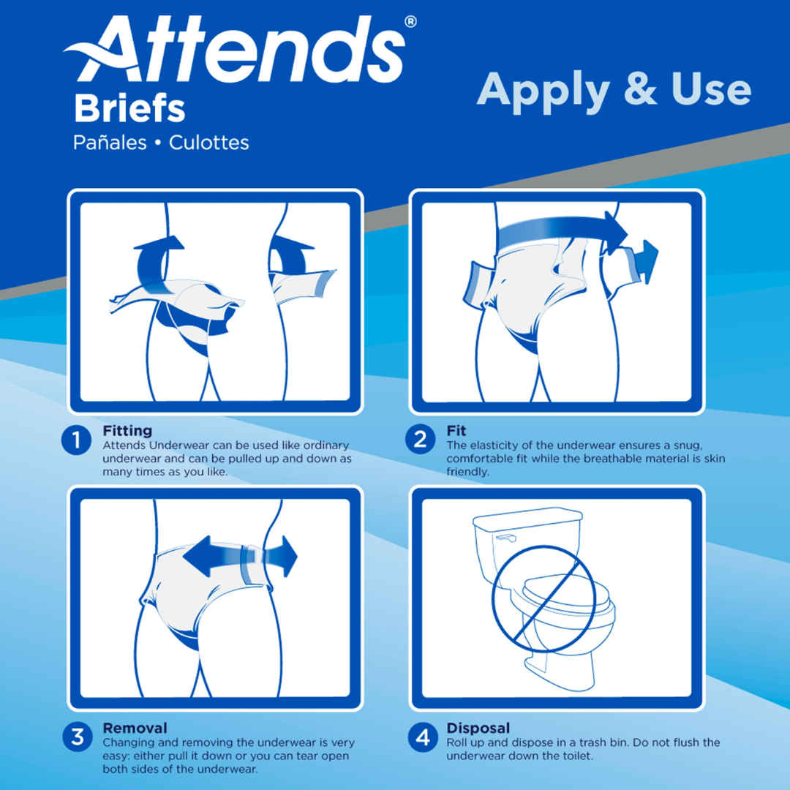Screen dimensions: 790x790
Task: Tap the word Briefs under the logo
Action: coord(129,109)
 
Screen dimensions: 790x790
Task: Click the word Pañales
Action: coord(110,143)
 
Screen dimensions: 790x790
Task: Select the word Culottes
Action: coord(209,143)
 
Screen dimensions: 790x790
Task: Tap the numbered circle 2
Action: coord(420,440)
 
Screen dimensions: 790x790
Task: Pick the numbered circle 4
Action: coord(422,737)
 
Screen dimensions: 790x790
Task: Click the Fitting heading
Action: coord(127,431)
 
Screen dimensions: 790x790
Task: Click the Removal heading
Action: coord(135,728)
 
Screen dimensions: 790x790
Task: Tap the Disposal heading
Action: coord(478,728)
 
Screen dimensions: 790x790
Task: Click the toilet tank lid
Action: coord(527,516)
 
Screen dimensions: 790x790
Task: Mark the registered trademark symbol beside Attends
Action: coord(410,22)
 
